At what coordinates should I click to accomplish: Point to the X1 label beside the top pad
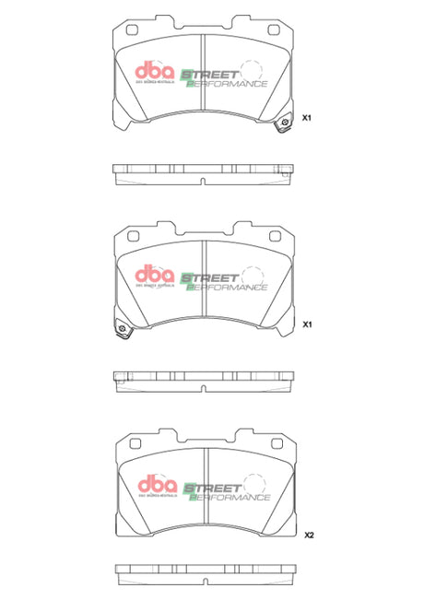310,119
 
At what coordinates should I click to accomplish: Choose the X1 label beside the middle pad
310,325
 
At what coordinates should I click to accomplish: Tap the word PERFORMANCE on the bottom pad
230,497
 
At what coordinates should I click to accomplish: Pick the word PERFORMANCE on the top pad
229,84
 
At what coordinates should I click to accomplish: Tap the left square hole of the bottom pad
134,441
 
